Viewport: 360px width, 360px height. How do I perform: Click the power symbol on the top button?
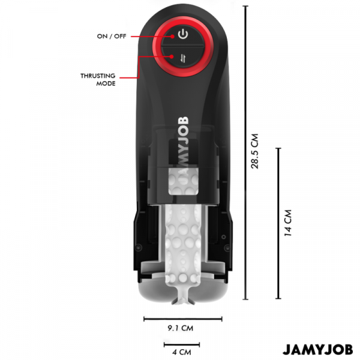click(x=183, y=34)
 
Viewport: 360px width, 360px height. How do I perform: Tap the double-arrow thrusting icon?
click(x=183, y=58)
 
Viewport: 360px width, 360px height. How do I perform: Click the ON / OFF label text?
click(x=112, y=36)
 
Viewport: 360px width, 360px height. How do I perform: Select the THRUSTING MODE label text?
click(x=98, y=79)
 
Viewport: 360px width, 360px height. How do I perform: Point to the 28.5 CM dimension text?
click(x=255, y=151)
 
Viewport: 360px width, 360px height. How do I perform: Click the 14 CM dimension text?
click(x=288, y=223)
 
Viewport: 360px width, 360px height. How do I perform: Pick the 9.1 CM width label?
click(x=181, y=328)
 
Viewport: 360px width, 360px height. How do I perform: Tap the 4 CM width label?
click(x=182, y=352)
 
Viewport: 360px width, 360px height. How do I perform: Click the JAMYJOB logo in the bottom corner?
click(x=318, y=350)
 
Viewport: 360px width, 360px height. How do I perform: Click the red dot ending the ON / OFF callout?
click(x=172, y=36)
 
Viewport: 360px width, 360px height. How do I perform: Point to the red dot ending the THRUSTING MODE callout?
click(x=172, y=56)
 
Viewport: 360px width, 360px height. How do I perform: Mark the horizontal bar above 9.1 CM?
click(x=183, y=319)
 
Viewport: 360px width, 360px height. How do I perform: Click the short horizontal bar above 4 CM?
click(x=182, y=344)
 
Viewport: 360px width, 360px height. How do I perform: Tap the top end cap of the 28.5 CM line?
click(x=245, y=6)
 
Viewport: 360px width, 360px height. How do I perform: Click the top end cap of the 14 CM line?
click(x=278, y=149)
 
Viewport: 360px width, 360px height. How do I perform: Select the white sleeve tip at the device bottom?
click(x=183, y=298)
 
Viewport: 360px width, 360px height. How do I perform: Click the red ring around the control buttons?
click(x=183, y=46)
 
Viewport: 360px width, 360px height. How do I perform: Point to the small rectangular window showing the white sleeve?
click(x=183, y=181)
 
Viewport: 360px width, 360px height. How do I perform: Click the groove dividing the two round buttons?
click(x=183, y=47)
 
